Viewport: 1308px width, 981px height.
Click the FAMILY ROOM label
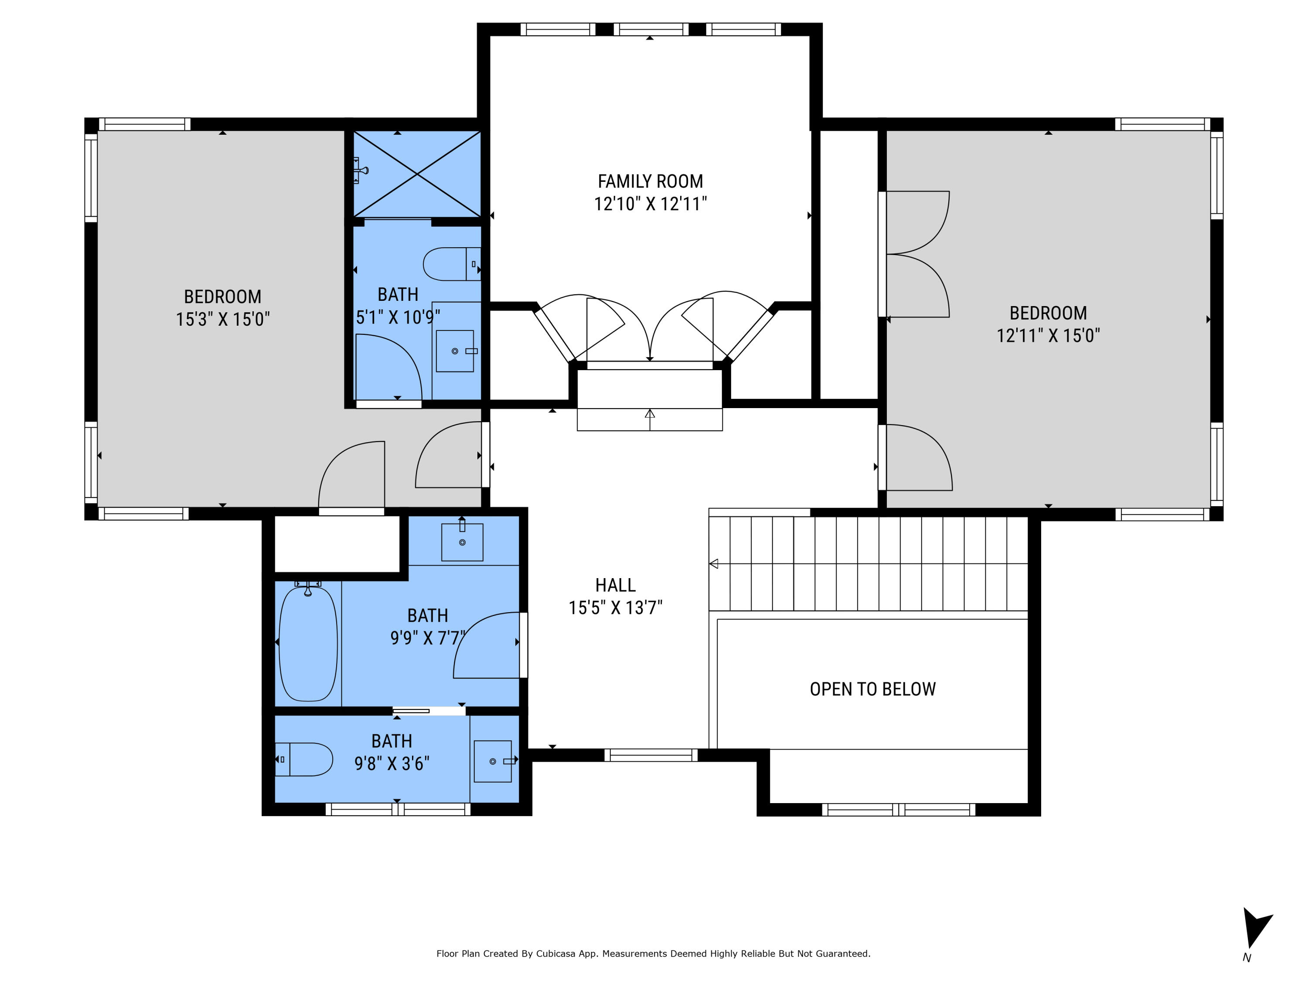click(x=650, y=181)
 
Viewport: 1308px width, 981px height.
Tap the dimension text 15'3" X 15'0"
click(x=222, y=319)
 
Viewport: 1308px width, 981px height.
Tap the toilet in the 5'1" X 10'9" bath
click(x=450, y=264)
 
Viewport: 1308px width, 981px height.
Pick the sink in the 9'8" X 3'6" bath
click(x=493, y=761)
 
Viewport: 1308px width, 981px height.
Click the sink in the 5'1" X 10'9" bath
click(x=455, y=351)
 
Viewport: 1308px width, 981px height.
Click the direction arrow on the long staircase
click(x=714, y=563)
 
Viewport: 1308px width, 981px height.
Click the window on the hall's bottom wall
click(x=651, y=755)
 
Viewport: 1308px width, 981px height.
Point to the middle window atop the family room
click(x=651, y=29)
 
